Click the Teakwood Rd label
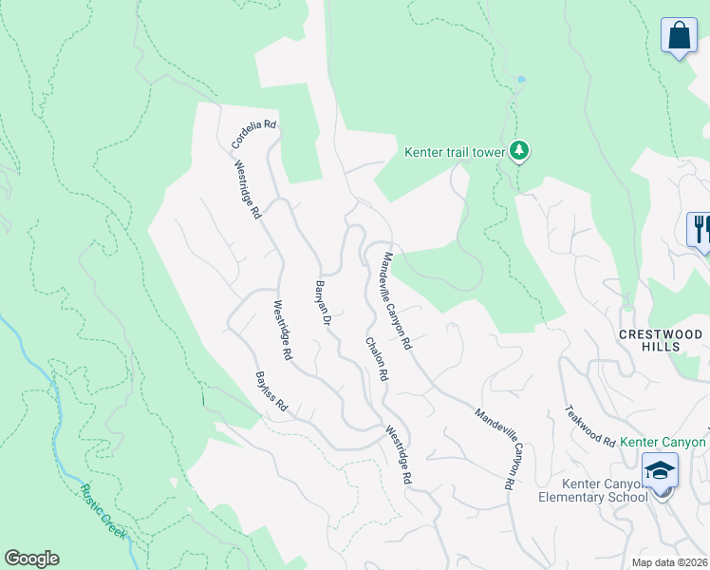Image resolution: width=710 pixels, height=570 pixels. pos(590,425)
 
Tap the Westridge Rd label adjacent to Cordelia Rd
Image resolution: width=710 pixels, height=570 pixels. pos(248,189)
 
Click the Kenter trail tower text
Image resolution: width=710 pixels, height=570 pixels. pos(455,151)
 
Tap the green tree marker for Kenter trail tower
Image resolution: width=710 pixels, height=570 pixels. pos(518,150)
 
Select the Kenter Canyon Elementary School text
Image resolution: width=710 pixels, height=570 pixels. pos(591,490)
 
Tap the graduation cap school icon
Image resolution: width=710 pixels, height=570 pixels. pos(661,470)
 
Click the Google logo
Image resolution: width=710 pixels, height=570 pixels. pos(31,559)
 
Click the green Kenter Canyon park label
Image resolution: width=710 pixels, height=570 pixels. pos(663,443)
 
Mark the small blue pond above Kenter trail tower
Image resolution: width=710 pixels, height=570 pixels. pos(520,78)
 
